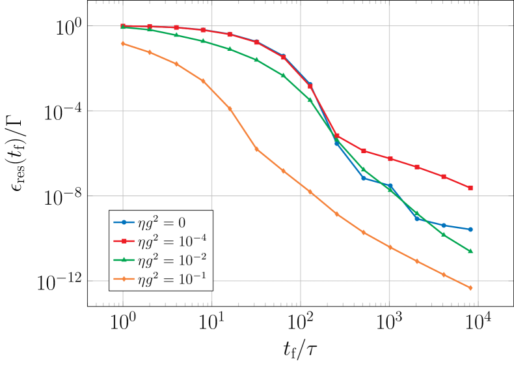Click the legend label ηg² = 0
(x=161, y=222)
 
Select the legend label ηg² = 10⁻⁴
(x=172, y=241)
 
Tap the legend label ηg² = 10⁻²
(x=172, y=260)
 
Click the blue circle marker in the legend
(x=124, y=222)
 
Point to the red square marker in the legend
(x=124, y=241)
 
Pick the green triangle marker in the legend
(x=124, y=260)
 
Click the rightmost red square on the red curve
(x=470, y=188)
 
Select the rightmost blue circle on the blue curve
(x=470, y=229)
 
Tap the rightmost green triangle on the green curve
(x=470, y=251)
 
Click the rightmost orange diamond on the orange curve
(x=470, y=287)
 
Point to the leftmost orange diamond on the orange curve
(x=123, y=44)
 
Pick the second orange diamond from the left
(x=150, y=52)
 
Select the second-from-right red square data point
(x=444, y=177)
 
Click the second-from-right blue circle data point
(x=444, y=226)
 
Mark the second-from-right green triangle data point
(x=444, y=235)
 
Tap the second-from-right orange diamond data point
(x=444, y=274)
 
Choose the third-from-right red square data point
(x=417, y=167)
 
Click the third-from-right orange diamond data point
(x=417, y=261)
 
